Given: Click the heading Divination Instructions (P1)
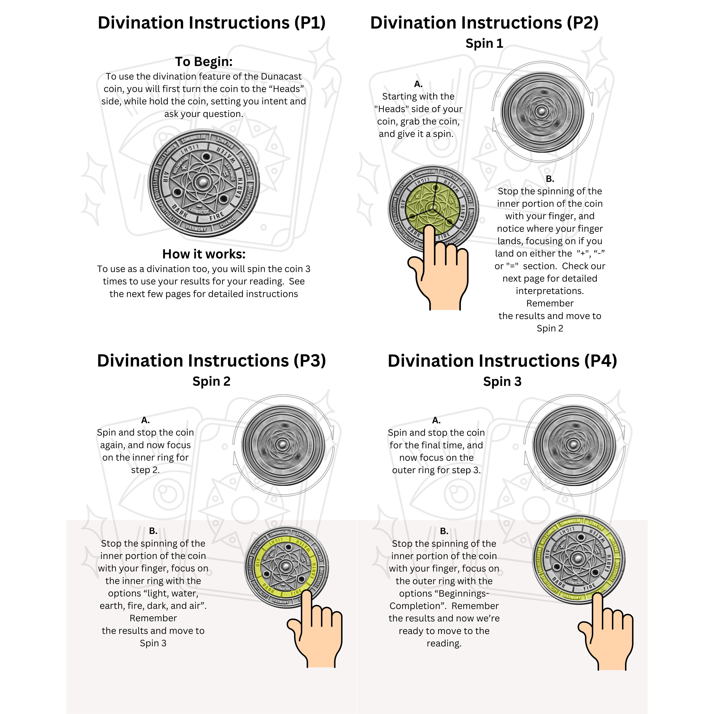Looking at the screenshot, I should pyautogui.click(x=211, y=23).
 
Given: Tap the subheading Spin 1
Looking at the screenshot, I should pyautogui.click(x=484, y=44).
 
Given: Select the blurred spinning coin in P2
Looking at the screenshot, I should pyautogui.click(x=542, y=112).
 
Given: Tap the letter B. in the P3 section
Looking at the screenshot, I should pyautogui.click(x=153, y=531).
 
